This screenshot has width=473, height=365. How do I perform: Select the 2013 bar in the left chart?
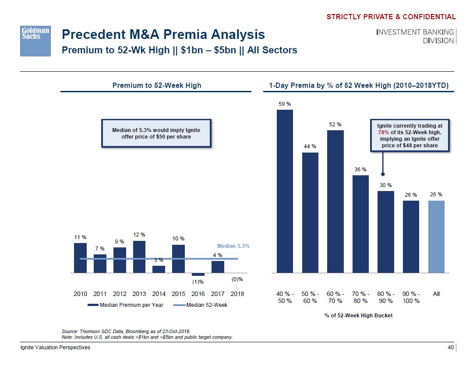[139, 257]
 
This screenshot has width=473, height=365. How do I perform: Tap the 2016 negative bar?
[198, 275]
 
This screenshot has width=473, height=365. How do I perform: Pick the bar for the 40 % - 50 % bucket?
[285, 191]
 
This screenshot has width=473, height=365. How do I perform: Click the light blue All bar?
[436, 236]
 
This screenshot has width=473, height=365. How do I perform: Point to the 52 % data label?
[335, 125]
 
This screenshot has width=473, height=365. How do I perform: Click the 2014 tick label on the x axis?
[159, 294]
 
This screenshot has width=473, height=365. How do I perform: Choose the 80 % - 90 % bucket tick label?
[386, 298]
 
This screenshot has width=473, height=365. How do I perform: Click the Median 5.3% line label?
[233, 246]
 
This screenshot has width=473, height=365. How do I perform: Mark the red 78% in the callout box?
[384, 132]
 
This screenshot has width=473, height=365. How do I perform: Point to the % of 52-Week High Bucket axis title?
[359, 315]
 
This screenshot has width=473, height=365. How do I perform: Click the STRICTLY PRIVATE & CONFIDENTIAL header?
[391, 17]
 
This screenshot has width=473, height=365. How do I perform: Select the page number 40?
[450, 348]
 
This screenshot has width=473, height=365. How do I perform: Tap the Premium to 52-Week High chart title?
[157, 85]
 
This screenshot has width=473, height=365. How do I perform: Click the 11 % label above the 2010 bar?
[80, 237]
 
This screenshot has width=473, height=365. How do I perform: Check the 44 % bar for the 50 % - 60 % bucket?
[311, 212]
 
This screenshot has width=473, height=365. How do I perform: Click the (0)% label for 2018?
[237, 279]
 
